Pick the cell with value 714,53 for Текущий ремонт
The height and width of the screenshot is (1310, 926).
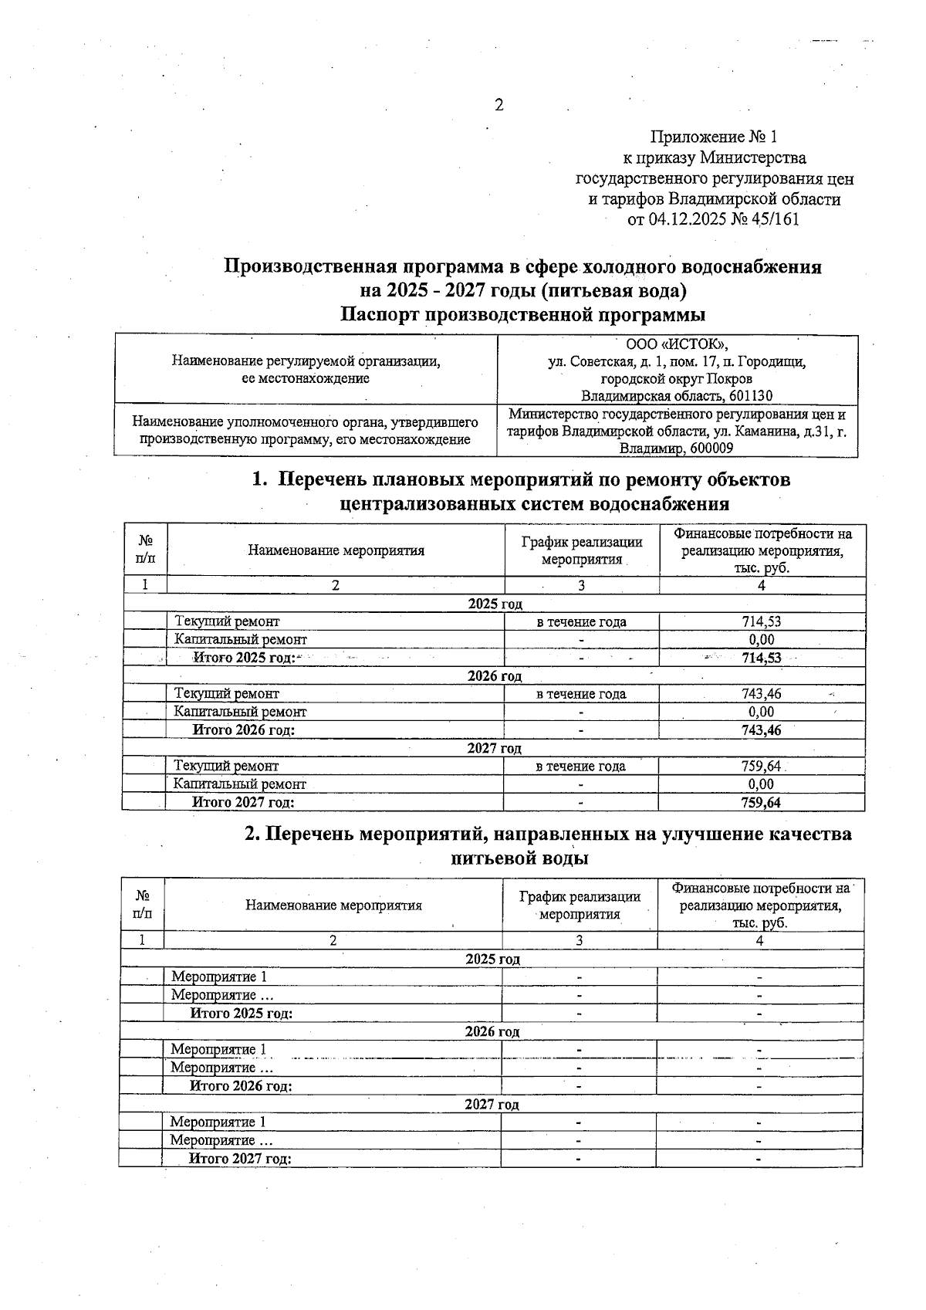pos(761,621)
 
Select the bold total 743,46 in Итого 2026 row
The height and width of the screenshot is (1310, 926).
pos(761,730)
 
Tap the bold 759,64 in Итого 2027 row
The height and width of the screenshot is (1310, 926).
pos(761,803)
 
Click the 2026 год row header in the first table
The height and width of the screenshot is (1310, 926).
pos(495,676)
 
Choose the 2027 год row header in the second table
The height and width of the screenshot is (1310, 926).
pos(492,1105)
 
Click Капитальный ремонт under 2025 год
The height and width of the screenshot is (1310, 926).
pos(240,640)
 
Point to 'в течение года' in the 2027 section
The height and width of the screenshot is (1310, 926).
pos(580,767)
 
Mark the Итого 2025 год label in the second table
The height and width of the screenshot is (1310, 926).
pos(242,1014)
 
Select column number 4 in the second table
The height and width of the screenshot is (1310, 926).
pos(759,941)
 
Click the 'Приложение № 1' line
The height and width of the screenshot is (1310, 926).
pos(714,137)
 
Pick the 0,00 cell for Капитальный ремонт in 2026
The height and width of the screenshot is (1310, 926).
pos(761,713)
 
